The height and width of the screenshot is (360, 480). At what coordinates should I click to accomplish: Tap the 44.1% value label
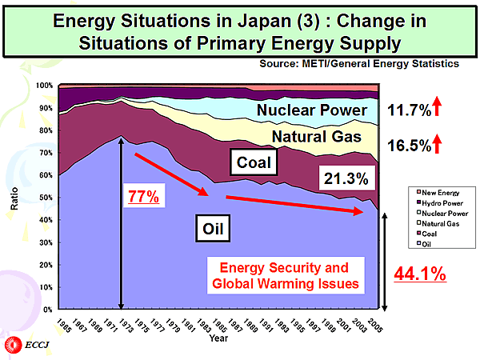[420, 274]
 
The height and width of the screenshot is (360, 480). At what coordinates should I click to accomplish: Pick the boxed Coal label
[256, 165]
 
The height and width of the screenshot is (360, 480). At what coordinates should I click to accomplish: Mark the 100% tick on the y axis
[45, 86]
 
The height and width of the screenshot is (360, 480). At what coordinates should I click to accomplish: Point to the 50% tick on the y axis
[46, 197]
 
